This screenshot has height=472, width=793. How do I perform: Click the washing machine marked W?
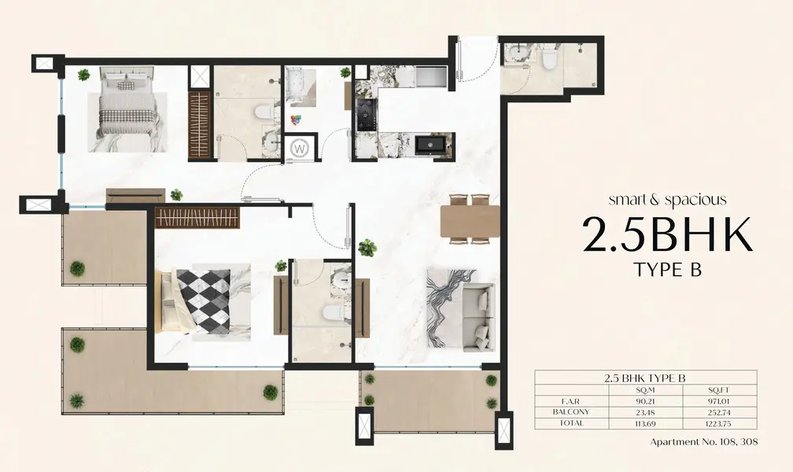(300, 148)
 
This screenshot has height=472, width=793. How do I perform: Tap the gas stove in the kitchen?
(366, 114)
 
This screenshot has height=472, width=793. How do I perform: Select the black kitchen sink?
(431, 144)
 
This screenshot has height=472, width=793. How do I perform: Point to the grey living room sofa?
(478, 317)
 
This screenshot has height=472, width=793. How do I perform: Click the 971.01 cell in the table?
(719, 401)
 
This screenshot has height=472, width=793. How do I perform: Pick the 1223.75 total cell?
(719, 424)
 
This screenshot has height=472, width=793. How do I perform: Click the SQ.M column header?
(646, 390)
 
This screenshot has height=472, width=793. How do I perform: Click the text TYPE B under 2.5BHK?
(668, 270)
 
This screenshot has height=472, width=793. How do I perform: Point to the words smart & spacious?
(668, 200)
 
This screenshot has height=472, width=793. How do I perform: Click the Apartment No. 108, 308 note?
(704, 441)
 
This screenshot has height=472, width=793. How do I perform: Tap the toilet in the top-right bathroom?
(548, 59)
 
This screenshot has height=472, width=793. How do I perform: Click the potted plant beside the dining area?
(367, 247)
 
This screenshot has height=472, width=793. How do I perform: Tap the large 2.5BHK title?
(668, 235)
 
